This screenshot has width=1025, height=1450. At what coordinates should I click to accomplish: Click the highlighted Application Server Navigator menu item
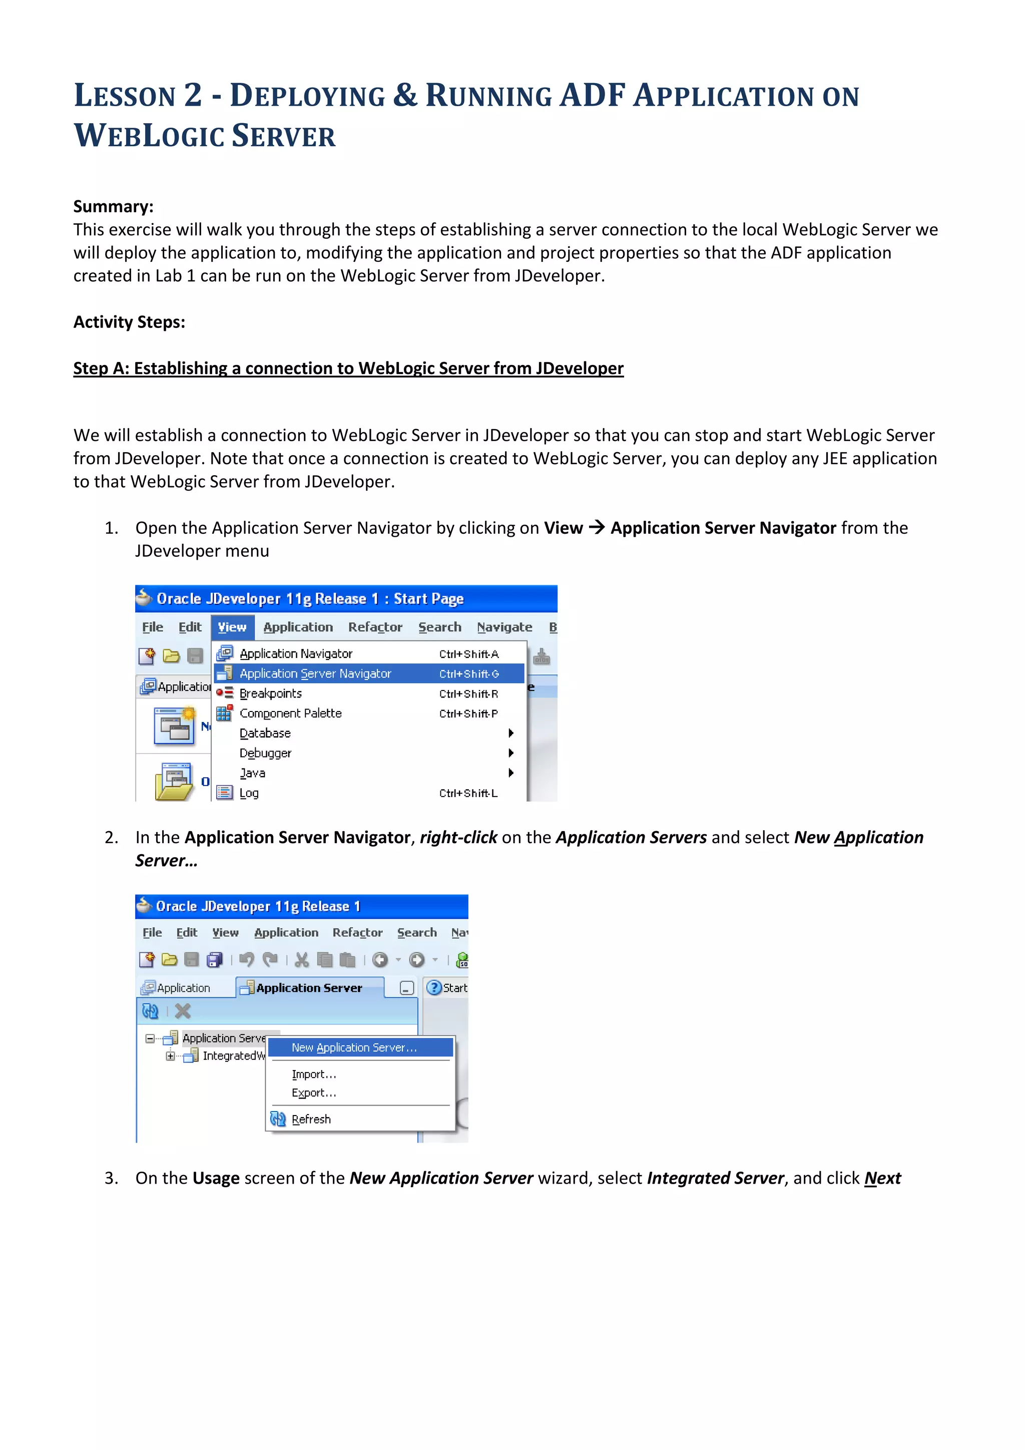point(316,674)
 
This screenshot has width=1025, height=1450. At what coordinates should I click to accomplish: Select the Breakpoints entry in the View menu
point(271,693)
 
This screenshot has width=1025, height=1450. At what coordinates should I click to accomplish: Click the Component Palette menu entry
point(290,713)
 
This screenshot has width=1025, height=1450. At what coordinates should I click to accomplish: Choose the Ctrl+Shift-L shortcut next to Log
point(468,793)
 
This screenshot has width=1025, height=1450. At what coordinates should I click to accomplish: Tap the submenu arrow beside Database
point(510,733)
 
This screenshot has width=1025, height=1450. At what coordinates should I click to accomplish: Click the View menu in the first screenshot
point(232,627)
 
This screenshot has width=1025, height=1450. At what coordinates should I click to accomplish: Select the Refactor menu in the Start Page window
point(375,627)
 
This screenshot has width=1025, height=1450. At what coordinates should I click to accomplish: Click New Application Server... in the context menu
point(354,1048)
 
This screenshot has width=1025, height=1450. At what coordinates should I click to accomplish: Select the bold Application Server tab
point(309,988)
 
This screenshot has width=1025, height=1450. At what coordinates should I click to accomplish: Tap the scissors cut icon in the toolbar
point(302,960)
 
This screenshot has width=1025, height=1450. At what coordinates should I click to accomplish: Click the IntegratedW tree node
point(233,1056)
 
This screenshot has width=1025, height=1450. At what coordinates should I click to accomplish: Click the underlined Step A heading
point(348,368)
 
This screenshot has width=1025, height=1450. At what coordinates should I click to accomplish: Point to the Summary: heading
point(114,206)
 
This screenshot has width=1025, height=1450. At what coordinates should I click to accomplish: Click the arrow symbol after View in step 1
point(597,527)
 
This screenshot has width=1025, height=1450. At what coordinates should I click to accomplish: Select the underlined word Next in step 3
point(882,1179)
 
